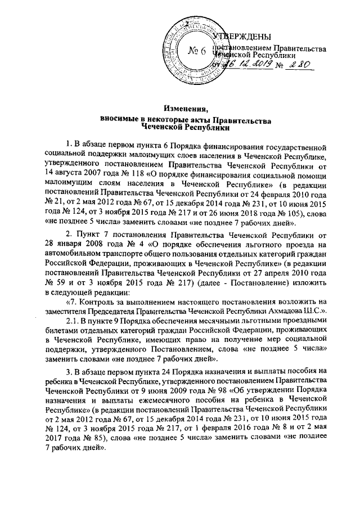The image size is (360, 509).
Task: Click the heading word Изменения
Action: point(180,109)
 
